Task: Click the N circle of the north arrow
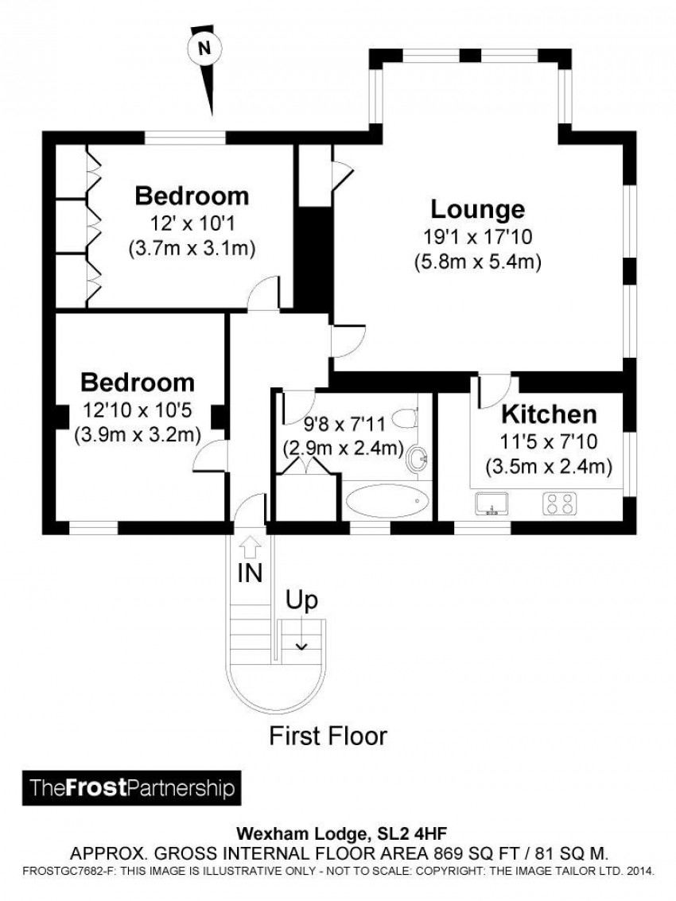(204, 49)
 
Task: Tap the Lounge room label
(478, 209)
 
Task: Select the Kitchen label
(549, 414)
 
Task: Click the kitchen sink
(491, 503)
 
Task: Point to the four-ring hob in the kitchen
(559, 503)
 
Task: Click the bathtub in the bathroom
(387, 502)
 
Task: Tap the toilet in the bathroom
(407, 417)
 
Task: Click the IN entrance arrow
(249, 546)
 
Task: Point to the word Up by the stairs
(302, 601)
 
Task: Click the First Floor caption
(328, 736)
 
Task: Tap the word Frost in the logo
(96, 787)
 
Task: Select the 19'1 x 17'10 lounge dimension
(478, 237)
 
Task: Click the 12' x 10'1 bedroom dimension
(192, 223)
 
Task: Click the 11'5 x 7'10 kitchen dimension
(549, 441)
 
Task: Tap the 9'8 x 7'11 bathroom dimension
(345, 425)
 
